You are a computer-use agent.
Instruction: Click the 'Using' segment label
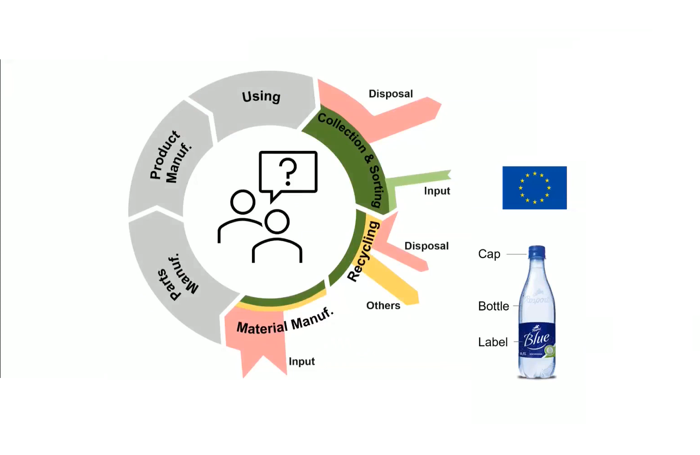[x=261, y=97]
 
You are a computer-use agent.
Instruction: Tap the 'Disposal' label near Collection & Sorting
[x=390, y=94]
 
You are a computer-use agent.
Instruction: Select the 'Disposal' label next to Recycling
[x=426, y=246]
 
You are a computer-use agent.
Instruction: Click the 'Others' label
[x=383, y=305]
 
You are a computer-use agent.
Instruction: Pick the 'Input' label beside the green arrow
[x=437, y=191]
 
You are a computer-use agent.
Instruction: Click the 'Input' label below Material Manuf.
[x=301, y=362]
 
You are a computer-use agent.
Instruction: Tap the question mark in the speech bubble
[x=288, y=172]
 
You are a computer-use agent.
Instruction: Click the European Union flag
[x=534, y=188]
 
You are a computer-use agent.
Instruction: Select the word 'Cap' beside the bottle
[x=489, y=254]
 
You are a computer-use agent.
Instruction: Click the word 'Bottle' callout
[x=493, y=306]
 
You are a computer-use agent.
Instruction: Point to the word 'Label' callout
[x=492, y=342]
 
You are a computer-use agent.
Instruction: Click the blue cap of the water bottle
[x=536, y=252]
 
